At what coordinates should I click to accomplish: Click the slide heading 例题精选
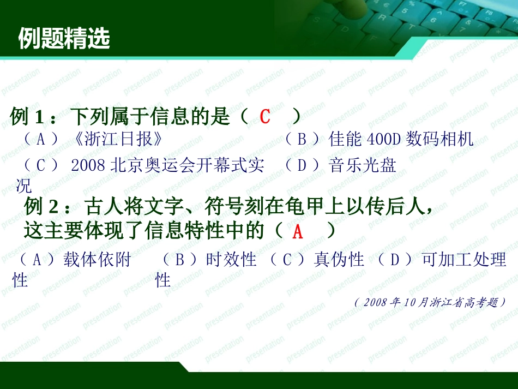[64, 39]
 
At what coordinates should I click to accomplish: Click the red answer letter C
[265, 116]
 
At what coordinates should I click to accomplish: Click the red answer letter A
[297, 232]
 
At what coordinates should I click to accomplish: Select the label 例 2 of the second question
[41, 207]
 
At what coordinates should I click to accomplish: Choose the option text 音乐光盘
[363, 165]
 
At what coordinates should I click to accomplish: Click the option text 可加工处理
[464, 260]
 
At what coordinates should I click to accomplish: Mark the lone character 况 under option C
[23, 186]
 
